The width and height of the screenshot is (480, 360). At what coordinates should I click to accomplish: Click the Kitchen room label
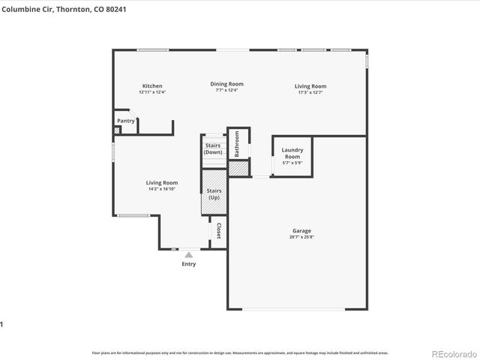click(152, 86)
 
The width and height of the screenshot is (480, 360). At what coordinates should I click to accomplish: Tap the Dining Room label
click(226, 84)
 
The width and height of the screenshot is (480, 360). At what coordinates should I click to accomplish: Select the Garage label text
click(301, 231)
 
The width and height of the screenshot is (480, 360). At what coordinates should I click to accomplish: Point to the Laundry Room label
click(291, 153)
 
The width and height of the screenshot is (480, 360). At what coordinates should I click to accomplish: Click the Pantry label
click(126, 121)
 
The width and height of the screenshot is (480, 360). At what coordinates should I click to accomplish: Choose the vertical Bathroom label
click(236, 143)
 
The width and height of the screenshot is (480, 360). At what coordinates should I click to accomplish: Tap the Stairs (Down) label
click(213, 148)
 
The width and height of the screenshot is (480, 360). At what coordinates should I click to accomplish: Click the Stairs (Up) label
click(214, 193)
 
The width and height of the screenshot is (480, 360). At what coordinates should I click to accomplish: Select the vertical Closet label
click(218, 231)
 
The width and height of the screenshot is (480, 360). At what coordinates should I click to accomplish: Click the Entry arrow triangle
click(188, 255)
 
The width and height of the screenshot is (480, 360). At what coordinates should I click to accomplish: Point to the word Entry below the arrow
click(188, 264)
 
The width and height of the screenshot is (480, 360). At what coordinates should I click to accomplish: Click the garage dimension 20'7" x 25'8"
click(301, 237)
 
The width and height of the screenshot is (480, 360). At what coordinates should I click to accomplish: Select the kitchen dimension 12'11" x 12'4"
click(152, 91)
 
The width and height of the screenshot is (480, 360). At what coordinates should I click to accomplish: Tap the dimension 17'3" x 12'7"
click(310, 91)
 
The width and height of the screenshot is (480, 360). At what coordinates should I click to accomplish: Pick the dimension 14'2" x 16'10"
click(162, 189)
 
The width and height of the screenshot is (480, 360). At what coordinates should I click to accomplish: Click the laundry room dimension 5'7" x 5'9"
click(291, 163)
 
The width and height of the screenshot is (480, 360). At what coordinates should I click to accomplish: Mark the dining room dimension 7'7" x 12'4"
click(226, 90)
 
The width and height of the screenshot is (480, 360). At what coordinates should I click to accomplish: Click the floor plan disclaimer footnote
click(240, 352)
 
